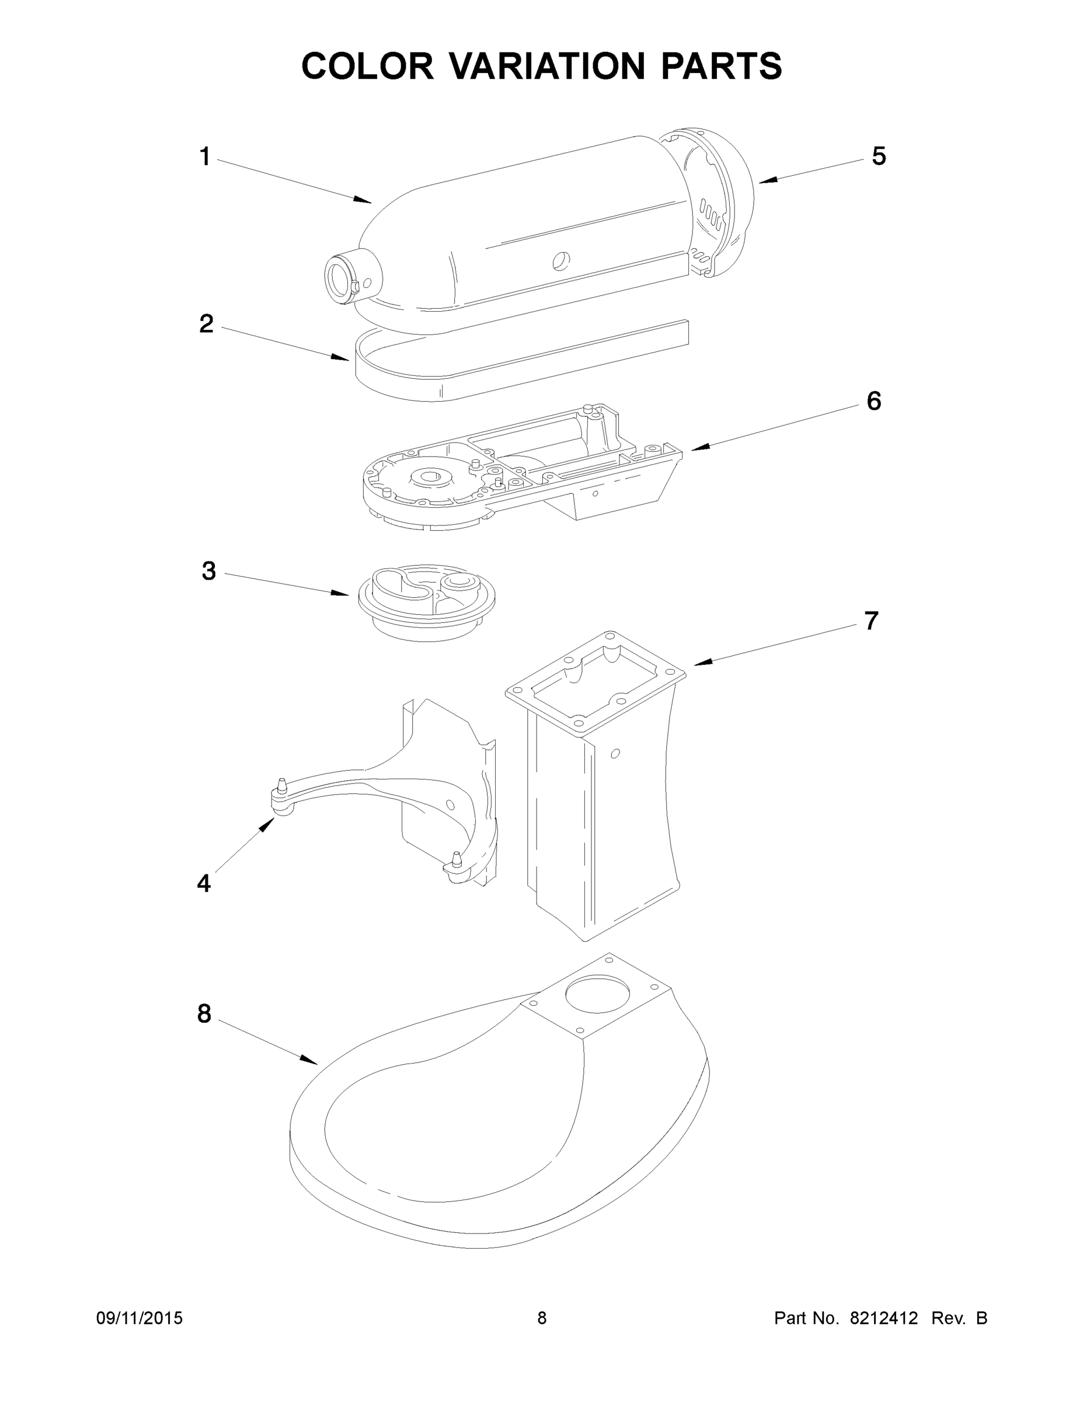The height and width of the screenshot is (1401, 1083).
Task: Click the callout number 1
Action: coord(205,156)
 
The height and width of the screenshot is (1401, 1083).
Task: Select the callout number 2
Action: coord(206,324)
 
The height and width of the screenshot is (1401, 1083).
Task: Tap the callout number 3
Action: coord(208,571)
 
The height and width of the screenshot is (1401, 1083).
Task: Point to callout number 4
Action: coord(203,883)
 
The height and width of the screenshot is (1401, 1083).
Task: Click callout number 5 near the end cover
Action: coord(878,156)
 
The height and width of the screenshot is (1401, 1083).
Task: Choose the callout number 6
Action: coord(874,401)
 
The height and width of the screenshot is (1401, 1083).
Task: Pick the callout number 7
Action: coord(870,621)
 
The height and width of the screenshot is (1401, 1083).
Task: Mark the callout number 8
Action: coord(204,1014)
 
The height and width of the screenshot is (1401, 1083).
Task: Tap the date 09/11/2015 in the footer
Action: coord(139,1318)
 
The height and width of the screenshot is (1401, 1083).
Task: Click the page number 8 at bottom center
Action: coord(542,1318)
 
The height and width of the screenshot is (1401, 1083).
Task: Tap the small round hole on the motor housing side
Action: coord(560,259)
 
